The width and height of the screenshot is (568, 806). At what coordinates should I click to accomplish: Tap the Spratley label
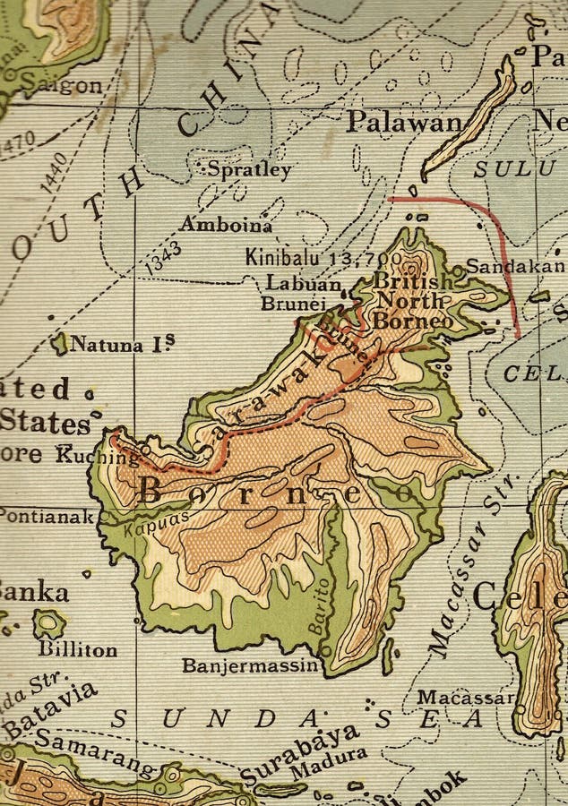click(249, 169)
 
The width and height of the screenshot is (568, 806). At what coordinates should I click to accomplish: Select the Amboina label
click(225, 225)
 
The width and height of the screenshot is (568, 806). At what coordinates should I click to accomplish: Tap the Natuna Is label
click(122, 344)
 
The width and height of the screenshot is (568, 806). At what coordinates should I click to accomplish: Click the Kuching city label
click(99, 455)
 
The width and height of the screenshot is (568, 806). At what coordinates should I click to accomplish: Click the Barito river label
click(320, 606)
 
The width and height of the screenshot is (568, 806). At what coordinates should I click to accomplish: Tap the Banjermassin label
click(250, 665)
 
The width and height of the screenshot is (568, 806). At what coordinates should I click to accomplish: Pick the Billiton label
click(77, 649)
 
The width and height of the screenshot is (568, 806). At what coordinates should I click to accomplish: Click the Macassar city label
click(465, 698)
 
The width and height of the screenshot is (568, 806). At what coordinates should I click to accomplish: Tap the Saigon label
click(63, 87)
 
